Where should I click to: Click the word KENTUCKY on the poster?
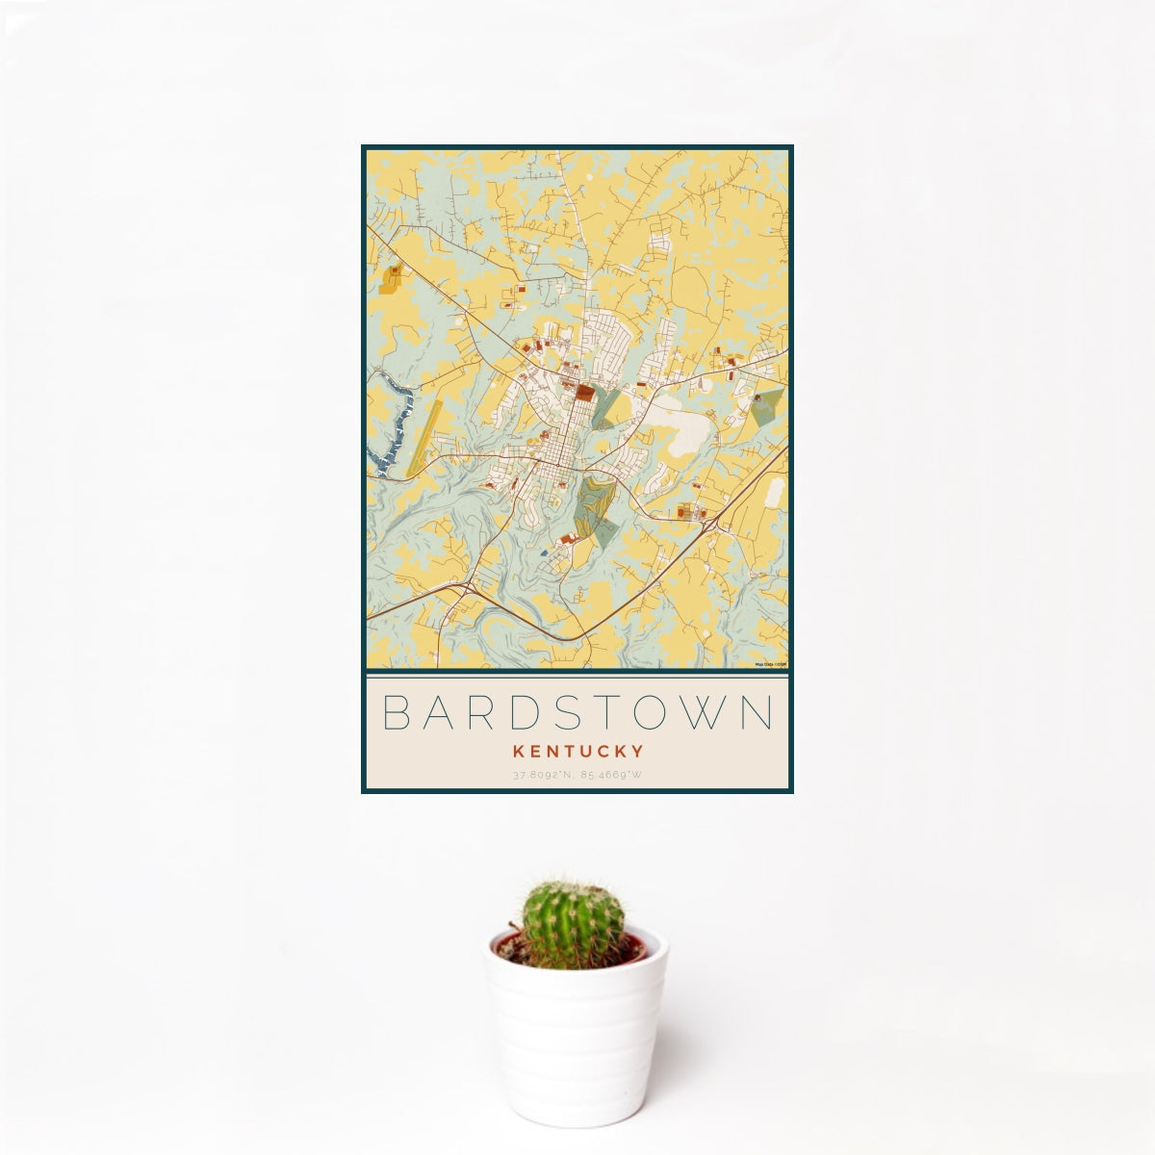(577, 750)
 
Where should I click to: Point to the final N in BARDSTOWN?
(759, 713)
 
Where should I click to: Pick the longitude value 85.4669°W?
(613, 775)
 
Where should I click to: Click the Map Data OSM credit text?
(770, 664)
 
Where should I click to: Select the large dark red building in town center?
(585, 393)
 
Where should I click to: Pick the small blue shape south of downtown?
(544, 552)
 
